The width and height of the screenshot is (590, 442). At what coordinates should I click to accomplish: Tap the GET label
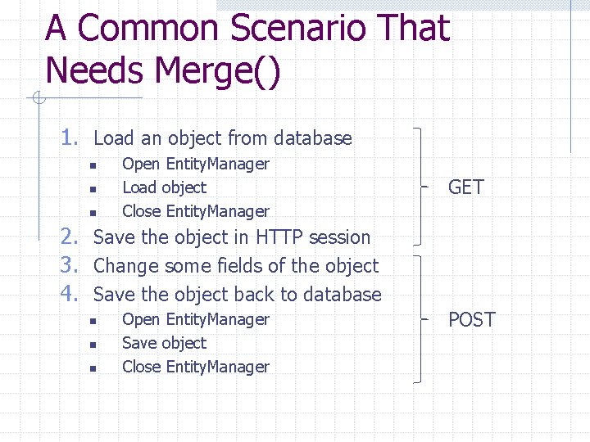465,187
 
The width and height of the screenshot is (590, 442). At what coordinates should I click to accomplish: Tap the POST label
471,319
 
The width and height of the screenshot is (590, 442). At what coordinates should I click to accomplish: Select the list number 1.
71,138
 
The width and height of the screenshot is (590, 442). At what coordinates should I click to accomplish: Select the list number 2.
71,237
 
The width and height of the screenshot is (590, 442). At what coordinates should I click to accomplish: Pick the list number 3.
71,266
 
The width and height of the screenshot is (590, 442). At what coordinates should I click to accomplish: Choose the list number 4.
71,294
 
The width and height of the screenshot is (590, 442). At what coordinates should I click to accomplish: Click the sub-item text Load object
164,187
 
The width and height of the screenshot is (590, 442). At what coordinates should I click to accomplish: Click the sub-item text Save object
164,343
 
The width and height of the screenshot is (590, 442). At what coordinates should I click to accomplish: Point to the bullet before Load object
93,189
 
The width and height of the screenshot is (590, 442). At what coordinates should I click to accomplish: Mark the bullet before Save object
93,345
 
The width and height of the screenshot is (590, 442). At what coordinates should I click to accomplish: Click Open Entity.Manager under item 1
195,164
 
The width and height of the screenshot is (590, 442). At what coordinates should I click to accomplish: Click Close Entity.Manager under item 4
195,367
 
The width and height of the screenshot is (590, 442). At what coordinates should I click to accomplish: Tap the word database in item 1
313,138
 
